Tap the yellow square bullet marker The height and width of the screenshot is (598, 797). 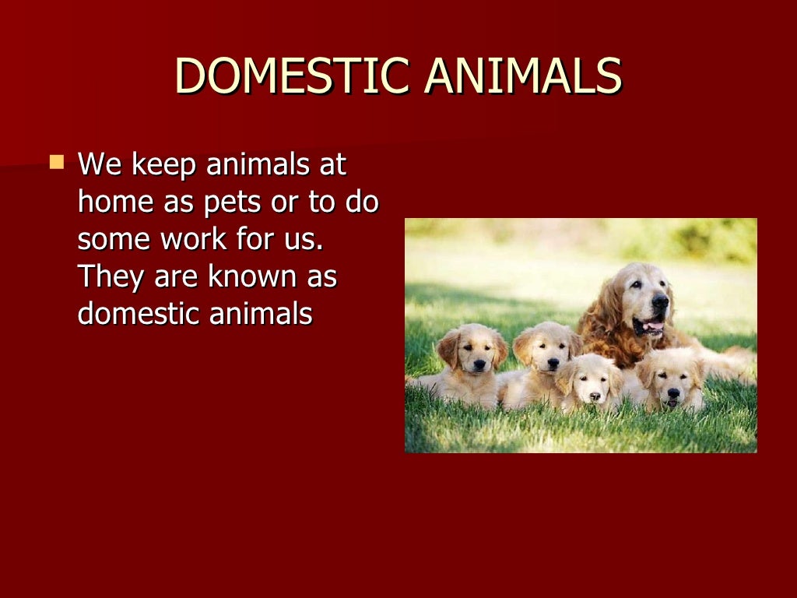[x=57, y=163]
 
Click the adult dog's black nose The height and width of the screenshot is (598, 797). [x=660, y=301]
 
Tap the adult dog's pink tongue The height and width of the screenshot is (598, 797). [x=652, y=327]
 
